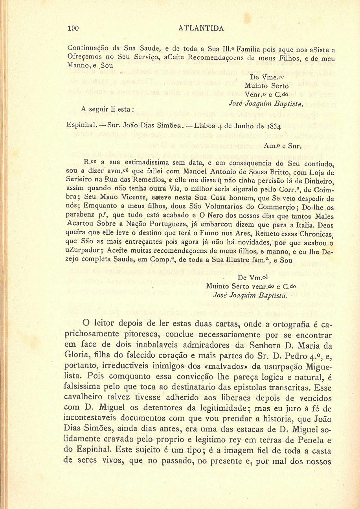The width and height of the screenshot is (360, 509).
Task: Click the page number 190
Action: pyautogui.click(x=73, y=28)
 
